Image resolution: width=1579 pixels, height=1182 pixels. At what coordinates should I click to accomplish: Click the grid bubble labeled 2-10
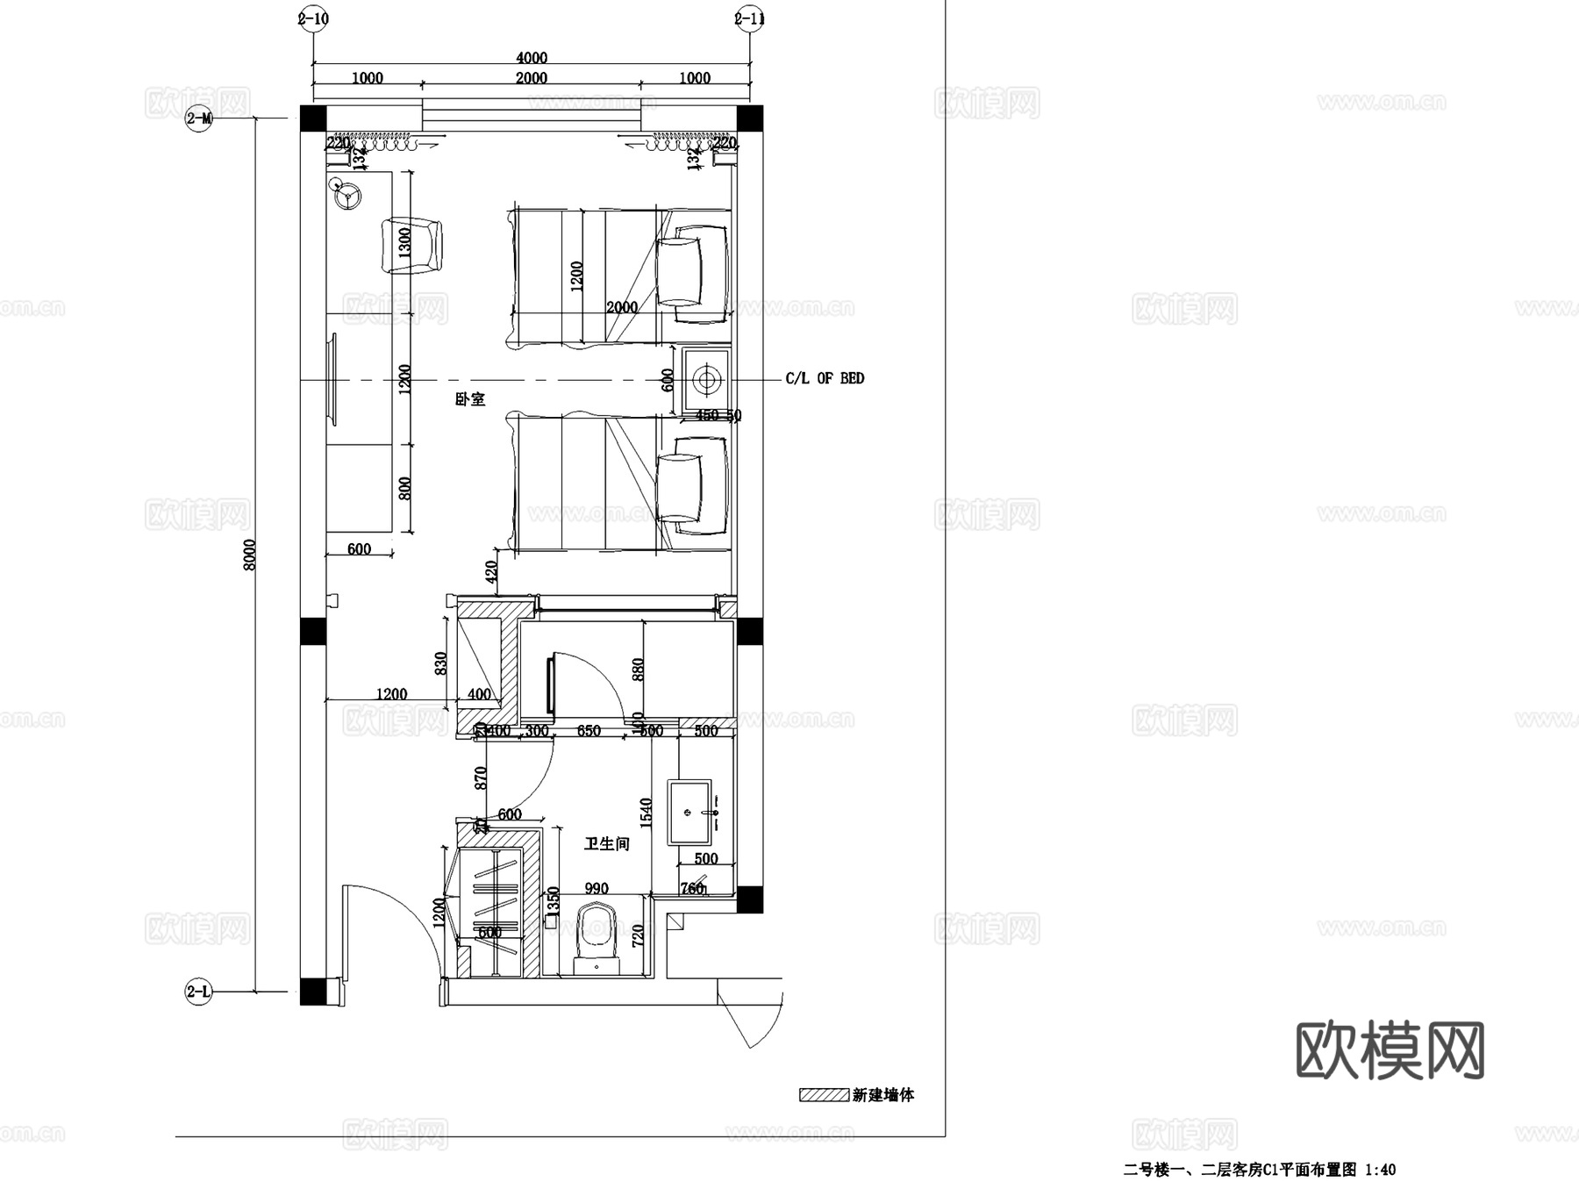313,18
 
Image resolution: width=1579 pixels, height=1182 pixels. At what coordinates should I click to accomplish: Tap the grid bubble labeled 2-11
749,18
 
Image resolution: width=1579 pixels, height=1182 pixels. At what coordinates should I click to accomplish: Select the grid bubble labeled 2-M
199,118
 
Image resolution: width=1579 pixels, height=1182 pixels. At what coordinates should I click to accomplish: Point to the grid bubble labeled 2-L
199,992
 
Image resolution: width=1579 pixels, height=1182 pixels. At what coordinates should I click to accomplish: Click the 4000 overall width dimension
531,58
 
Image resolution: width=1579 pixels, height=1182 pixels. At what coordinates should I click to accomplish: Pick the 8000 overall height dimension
250,555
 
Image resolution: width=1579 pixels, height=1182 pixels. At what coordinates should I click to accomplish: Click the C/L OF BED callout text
825,378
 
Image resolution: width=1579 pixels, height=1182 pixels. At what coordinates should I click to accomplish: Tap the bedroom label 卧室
470,399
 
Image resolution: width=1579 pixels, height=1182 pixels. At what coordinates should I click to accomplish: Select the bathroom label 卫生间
607,844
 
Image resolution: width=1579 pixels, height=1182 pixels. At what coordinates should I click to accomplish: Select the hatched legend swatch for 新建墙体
823,1095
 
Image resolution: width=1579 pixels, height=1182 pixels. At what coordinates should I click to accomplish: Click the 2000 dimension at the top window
531,78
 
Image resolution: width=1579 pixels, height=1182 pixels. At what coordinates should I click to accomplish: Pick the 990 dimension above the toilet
597,889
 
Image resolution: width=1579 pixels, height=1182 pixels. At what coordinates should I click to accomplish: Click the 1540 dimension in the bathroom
647,813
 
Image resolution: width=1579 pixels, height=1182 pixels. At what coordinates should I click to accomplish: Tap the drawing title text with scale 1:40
1260,1170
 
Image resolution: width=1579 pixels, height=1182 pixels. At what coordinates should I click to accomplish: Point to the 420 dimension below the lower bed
491,572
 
